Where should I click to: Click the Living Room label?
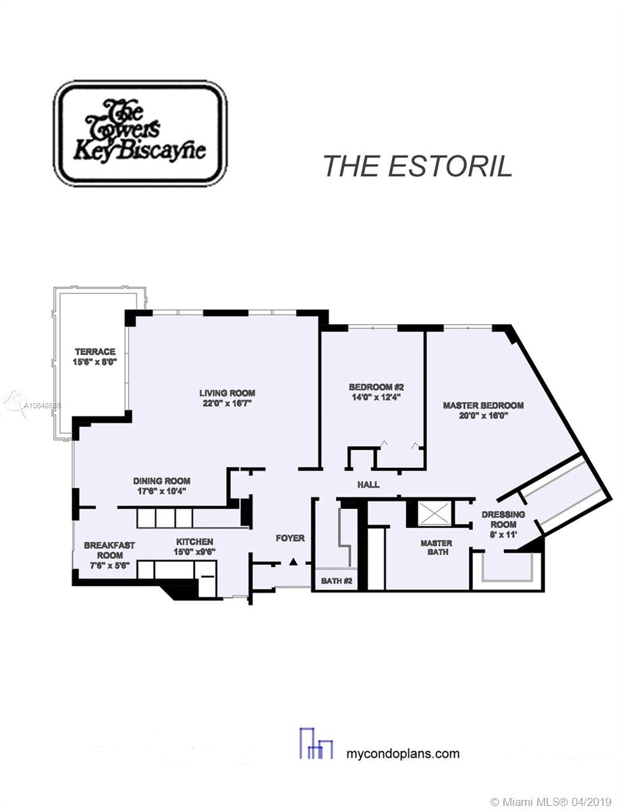tap(227, 393)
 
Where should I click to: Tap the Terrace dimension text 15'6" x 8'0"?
tap(94, 362)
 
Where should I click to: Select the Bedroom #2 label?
tap(376, 387)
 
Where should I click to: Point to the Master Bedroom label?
tap(483, 406)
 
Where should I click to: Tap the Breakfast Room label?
tap(109, 550)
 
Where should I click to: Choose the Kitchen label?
tap(194, 542)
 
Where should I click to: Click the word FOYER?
tap(290, 539)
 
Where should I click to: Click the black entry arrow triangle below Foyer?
tap(293, 562)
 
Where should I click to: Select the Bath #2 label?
tap(337, 581)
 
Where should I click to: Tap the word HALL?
tap(368, 485)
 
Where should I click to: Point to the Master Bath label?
tap(437, 547)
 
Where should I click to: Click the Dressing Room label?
tap(503, 519)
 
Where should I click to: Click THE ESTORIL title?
tap(418, 166)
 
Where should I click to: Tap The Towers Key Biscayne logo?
tap(140, 134)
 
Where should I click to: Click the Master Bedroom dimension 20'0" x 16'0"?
tap(483, 416)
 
